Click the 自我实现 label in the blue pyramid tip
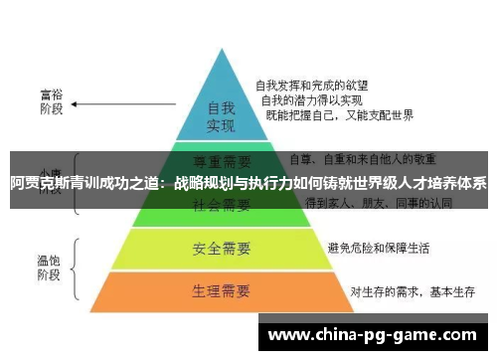pos(221,116)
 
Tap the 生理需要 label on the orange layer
pos(220,291)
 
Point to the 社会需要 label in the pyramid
pos(220,205)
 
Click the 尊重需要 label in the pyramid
pos(220,159)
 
